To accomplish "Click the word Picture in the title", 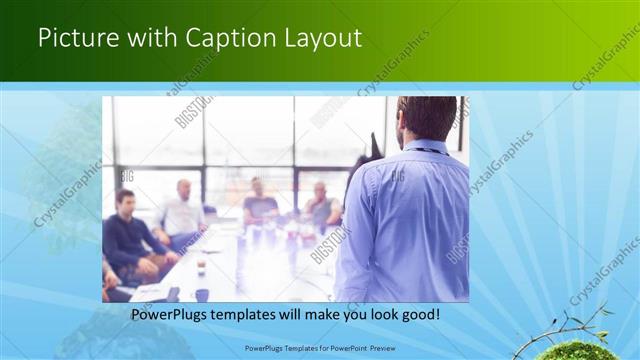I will [75, 39].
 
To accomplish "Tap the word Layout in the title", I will [320, 39].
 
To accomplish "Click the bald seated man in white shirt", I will [183, 212].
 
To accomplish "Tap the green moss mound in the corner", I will [578, 351].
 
